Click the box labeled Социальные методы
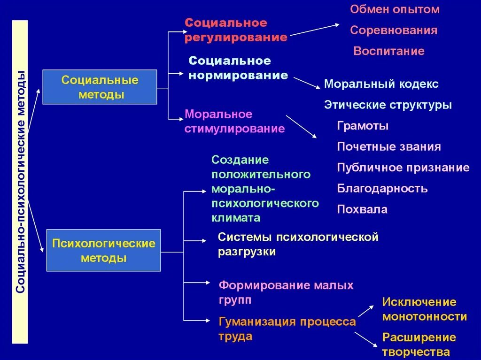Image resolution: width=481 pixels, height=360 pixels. [x=100, y=87]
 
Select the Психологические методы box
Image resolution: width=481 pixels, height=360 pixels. [x=103, y=251]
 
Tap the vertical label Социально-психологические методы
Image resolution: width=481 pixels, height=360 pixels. [x=20, y=182]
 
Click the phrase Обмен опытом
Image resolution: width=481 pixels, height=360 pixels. [x=395, y=9]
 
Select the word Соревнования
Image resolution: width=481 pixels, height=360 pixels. [x=394, y=31]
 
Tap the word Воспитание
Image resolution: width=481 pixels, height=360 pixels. [x=389, y=51]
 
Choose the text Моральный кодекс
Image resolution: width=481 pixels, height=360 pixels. [x=381, y=84]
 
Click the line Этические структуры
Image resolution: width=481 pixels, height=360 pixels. [x=388, y=105]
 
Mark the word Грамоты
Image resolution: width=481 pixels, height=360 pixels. [x=363, y=126]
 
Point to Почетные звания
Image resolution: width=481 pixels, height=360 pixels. [x=389, y=147]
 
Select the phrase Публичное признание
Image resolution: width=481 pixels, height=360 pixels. [x=403, y=168]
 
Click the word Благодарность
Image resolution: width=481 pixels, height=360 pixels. [x=382, y=189]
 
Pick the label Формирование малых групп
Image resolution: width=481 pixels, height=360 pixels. [x=286, y=292]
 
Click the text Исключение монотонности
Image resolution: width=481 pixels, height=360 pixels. [x=425, y=309]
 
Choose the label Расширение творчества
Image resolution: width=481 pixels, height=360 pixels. [x=419, y=345]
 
